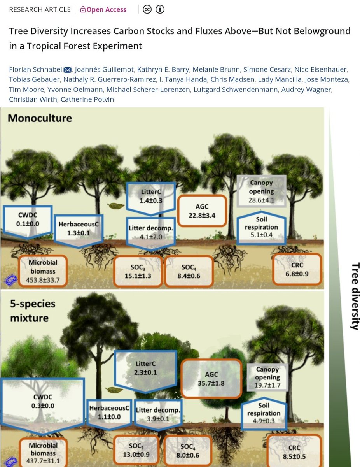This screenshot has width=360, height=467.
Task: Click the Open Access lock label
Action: click(103, 10)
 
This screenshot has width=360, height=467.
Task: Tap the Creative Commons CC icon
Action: click(147, 10)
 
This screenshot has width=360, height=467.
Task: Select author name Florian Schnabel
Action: click(35, 70)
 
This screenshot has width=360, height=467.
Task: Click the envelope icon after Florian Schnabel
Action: click(67, 70)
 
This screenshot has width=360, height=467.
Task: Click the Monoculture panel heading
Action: click(40, 118)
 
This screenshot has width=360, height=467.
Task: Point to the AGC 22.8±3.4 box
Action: click(202, 211)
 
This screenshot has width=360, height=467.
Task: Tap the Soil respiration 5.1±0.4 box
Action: click(262, 227)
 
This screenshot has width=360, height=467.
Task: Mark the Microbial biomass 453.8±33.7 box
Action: click(43, 272)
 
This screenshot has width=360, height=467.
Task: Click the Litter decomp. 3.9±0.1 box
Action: click(158, 414)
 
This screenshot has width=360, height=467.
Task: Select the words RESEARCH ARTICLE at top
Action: click(40, 10)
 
